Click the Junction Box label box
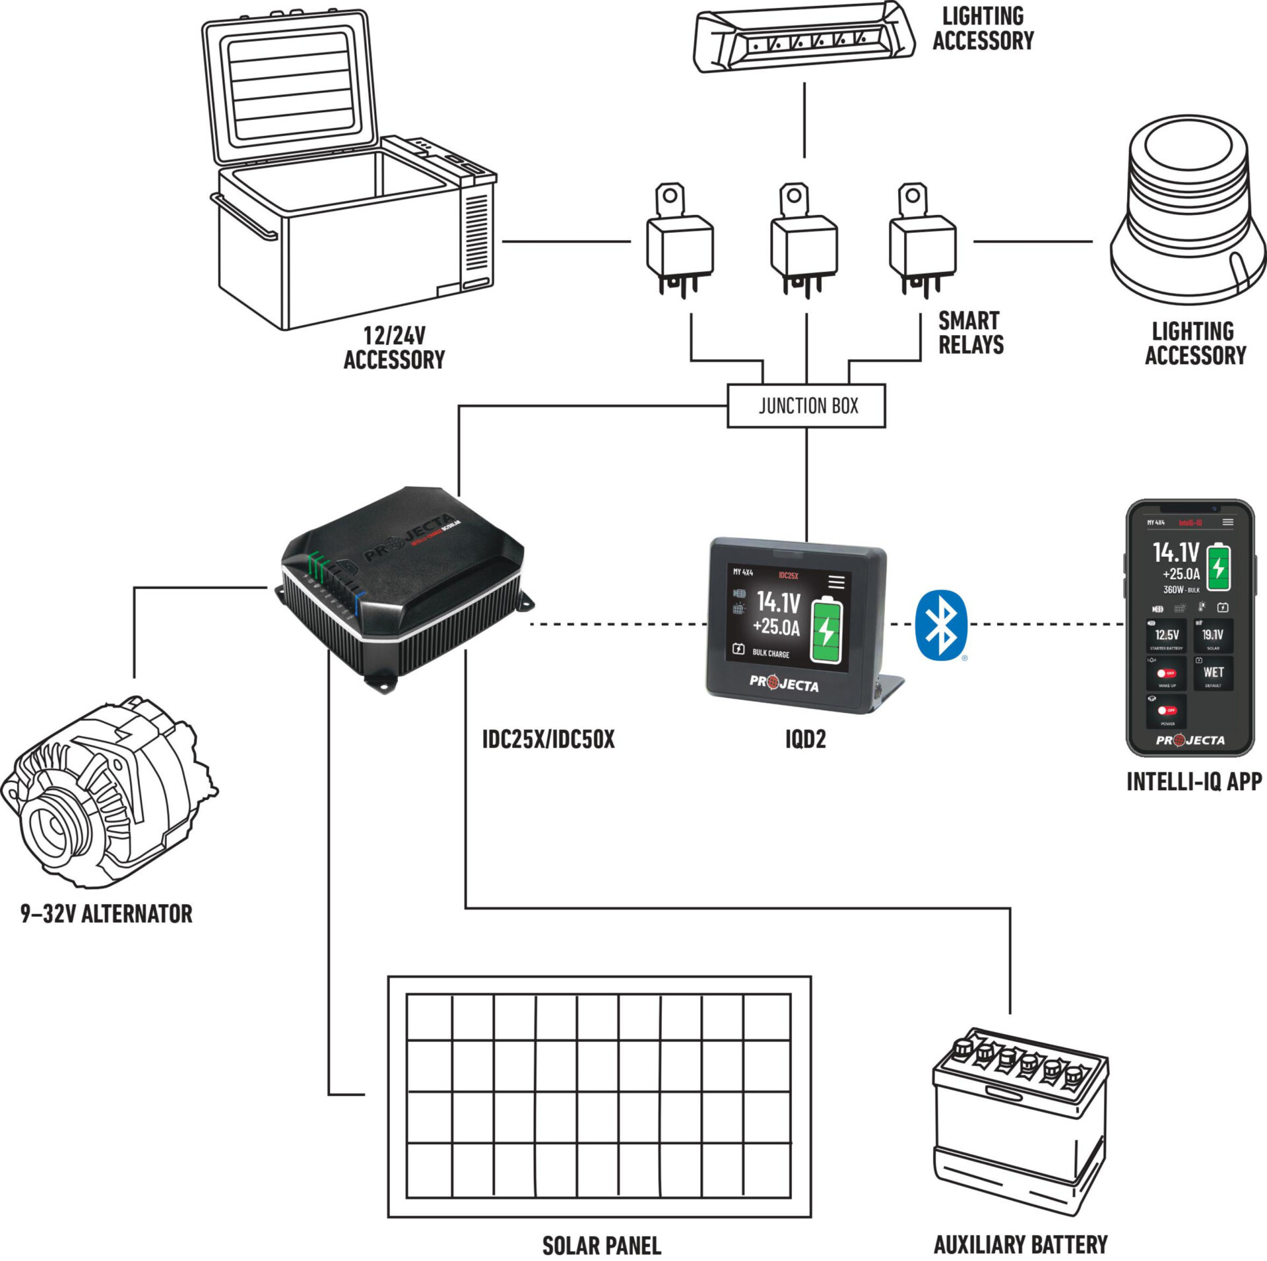[x=806, y=406]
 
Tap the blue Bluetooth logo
[x=941, y=624]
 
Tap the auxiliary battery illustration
[x=1020, y=1128]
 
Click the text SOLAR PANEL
[x=601, y=1245]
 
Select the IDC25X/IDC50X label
[x=548, y=739]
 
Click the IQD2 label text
[x=805, y=739]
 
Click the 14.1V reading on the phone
[x=1175, y=551]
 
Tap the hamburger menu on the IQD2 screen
[x=836, y=581]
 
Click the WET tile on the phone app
[x=1213, y=673]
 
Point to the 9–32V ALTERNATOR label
[x=106, y=914]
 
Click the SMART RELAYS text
[x=971, y=333]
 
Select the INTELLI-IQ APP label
[x=1193, y=782]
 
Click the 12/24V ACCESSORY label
[x=394, y=348]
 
